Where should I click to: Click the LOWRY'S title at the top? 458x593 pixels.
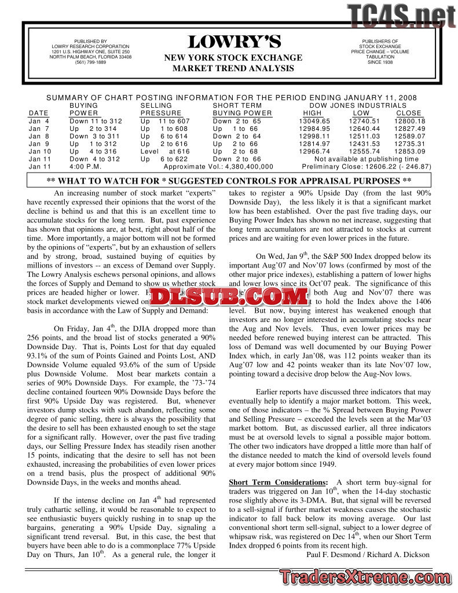(x=234, y=42)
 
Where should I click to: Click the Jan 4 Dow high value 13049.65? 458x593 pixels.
(x=314, y=121)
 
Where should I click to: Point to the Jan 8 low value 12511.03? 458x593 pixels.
(x=364, y=136)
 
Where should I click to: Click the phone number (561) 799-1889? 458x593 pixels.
(x=90, y=63)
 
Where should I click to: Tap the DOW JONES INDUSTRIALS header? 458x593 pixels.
(x=358, y=105)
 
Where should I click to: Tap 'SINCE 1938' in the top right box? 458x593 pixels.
(x=380, y=63)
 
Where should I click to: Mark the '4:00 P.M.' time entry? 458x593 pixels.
(x=86, y=166)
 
